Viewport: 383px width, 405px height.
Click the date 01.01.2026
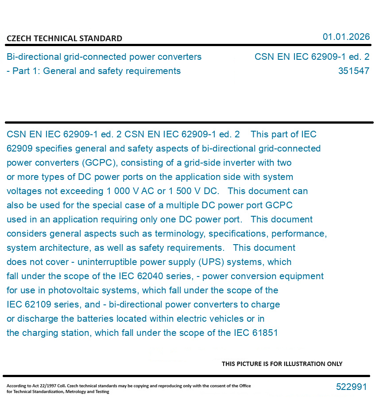pyautogui.click(x=346, y=37)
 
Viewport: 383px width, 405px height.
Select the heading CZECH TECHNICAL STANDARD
pyautogui.click(x=64, y=39)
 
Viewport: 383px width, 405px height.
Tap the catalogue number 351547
pyautogui.click(x=353, y=71)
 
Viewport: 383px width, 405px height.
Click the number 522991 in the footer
pyautogui.click(x=351, y=387)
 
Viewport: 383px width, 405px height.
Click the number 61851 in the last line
pyautogui.click(x=265, y=333)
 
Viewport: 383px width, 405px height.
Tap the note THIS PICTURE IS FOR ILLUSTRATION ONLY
pyautogui.click(x=282, y=364)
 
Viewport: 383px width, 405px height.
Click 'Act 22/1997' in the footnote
pyautogui.click(x=41, y=386)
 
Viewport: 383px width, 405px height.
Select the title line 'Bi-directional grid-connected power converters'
pyautogui.click(x=104, y=57)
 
